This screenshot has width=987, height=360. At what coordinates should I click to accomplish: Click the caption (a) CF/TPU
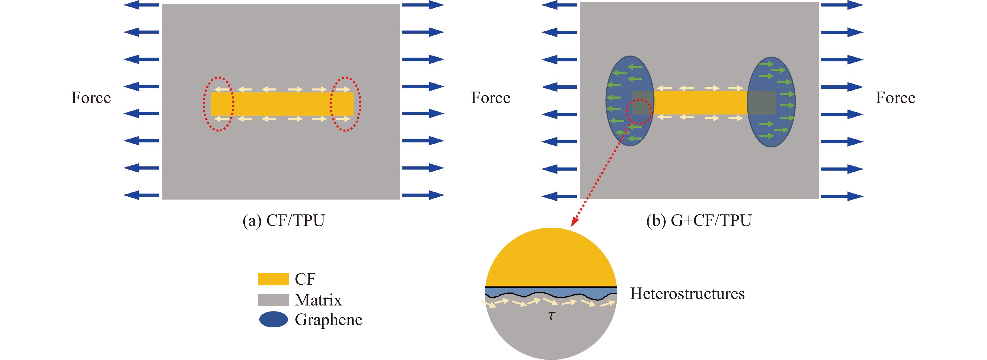coord(284,221)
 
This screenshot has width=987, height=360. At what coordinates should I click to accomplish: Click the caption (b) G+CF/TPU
coord(699,221)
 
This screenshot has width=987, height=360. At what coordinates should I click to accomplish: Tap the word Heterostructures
coord(687,294)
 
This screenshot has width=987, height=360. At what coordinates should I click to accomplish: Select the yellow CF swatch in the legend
coord(273,279)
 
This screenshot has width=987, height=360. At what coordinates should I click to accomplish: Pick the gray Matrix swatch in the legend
coord(273,300)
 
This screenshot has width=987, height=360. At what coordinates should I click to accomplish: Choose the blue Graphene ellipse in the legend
coord(273,319)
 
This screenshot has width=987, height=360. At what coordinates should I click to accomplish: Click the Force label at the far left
coord(91,98)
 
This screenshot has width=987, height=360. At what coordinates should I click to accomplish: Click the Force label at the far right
coord(895,98)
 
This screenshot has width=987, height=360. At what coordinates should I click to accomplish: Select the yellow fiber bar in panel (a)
coord(282,104)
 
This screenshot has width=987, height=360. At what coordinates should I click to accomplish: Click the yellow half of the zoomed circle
coord(551,260)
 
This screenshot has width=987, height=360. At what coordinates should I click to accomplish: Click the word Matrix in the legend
coord(318,300)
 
